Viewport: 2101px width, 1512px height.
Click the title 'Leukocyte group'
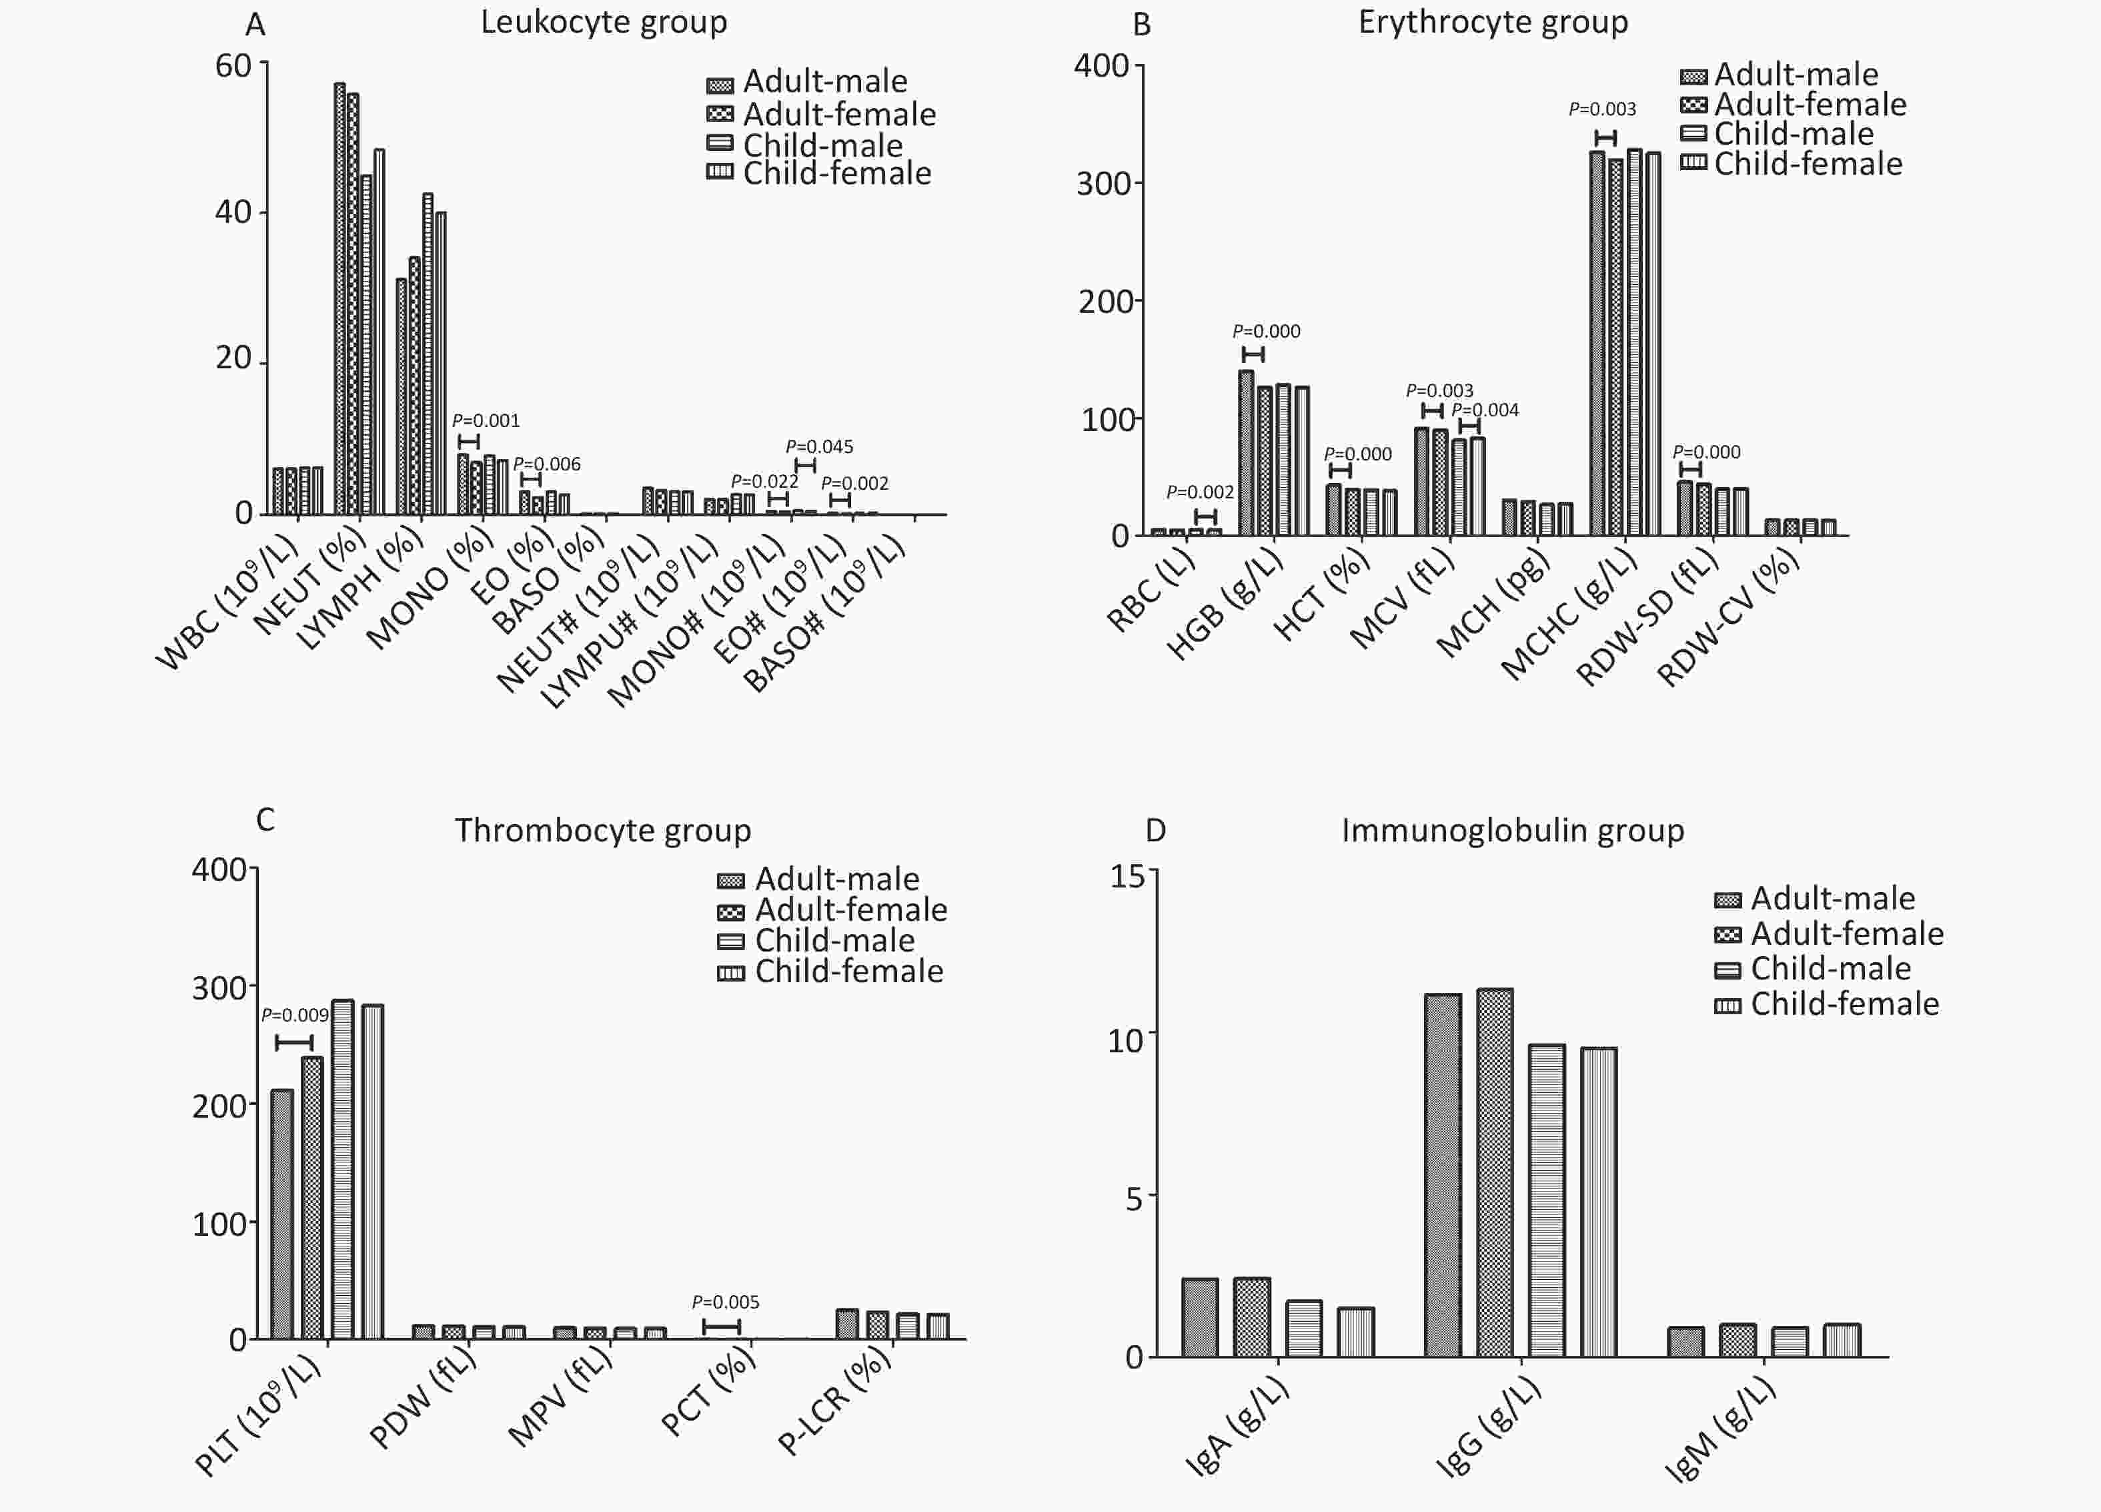click(603, 22)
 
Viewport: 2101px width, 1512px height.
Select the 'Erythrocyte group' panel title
click(1493, 22)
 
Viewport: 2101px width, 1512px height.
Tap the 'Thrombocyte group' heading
click(602, 830)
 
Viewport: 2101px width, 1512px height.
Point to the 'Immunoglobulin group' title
click(1512, 830)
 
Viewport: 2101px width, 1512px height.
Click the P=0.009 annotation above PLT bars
click(295, 1016)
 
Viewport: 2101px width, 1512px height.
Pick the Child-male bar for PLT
click(343, 1169)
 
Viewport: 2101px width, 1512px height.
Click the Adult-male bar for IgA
click(1200, 1317)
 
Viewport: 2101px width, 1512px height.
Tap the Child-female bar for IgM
click(1842, 1340)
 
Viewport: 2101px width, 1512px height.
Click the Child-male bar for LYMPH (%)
click(428, 354)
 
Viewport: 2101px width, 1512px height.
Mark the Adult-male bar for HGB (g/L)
click(1246, 453)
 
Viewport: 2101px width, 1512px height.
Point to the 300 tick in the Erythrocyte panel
click(1103, 183)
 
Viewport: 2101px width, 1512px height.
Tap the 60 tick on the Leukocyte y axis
click(233, 66)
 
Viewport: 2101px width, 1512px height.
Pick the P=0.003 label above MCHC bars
click(1601, 109)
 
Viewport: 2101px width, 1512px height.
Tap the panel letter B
click(1142, 25)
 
